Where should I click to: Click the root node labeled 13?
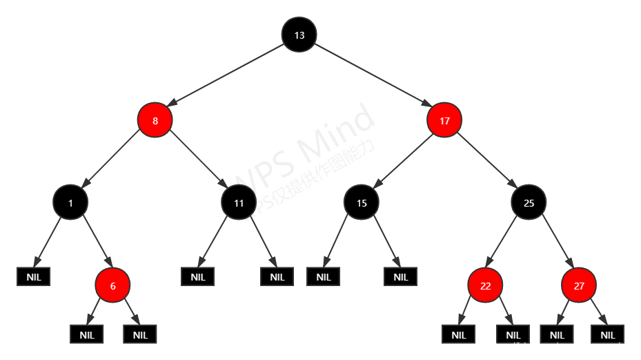tap(299, 35)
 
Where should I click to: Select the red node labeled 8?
tap(155, 120)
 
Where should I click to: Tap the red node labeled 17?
tap(444, 120)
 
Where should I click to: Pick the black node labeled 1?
tap(70, 202)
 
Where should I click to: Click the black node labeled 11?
tap(239, 202)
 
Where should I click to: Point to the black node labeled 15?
tap(362, 202)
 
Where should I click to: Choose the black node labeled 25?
tap(529, 202)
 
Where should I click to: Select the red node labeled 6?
tap(112, 285)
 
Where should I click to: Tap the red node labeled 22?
tap(485, 285)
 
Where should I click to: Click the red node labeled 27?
tap(579, 285)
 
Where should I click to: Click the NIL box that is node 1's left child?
tap(34, 276)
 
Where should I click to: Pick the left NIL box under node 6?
tap(86, 334)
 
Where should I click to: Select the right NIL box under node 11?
tap(277, 276)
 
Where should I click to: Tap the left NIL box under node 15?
tap(323, 276)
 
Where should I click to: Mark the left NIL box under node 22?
tap(458, 334)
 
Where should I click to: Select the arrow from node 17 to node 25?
tap(486, 160)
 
